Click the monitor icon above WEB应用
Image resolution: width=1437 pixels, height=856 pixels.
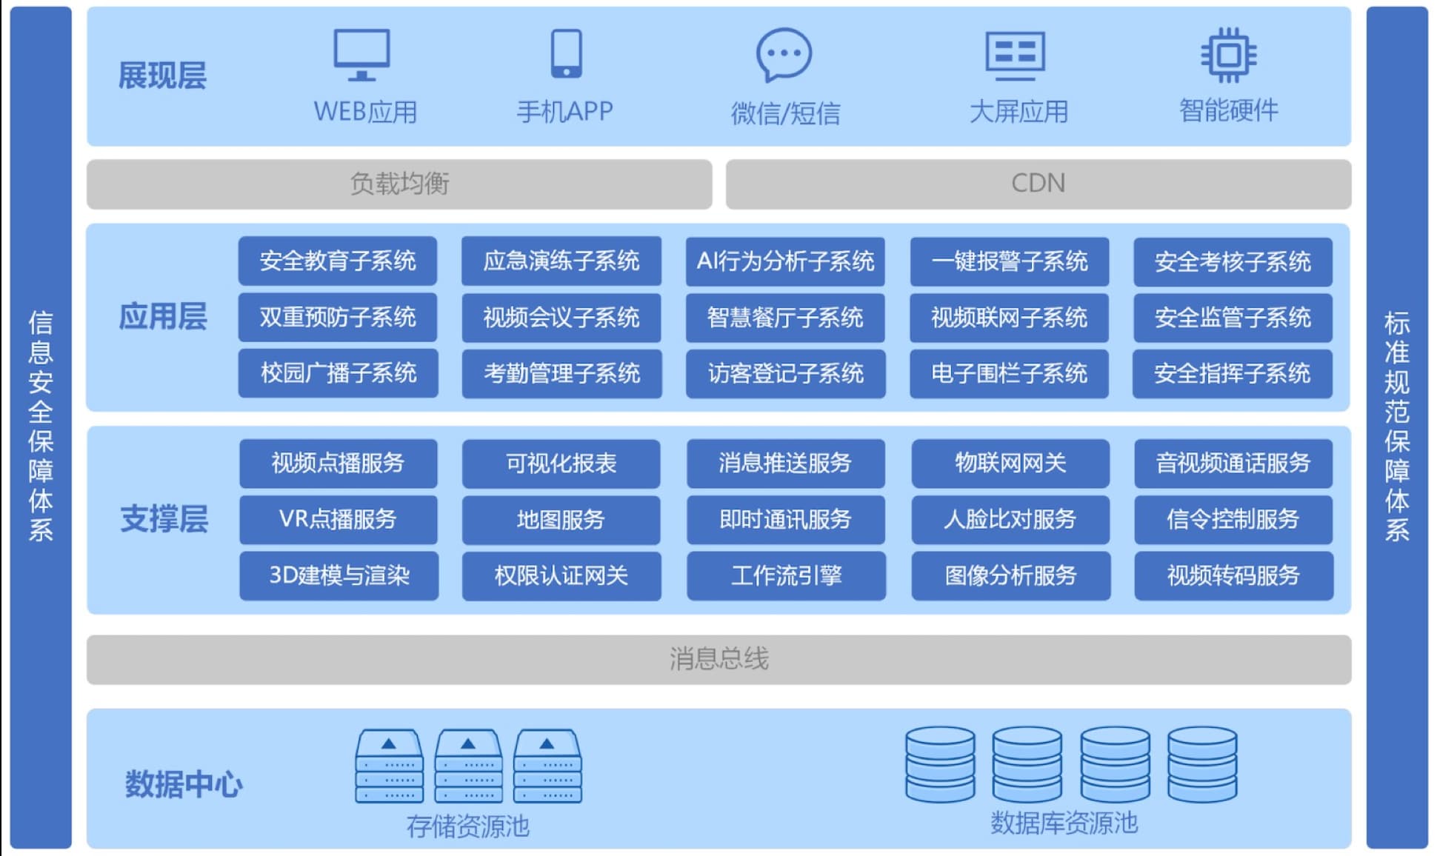(x=361, y=55)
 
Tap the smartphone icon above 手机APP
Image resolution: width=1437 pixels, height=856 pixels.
(x=567, y=53)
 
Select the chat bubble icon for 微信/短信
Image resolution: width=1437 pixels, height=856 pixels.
(x=784, y=55)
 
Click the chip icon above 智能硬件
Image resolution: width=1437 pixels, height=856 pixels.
(x=1228, y=55)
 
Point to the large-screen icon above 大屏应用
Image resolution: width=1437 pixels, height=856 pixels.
(x=1015, y=55)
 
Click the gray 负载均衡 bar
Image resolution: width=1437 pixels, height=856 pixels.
(x=399, y=184)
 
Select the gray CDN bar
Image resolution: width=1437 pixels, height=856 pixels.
(x=1038, y=184)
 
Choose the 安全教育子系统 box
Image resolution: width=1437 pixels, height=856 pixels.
(x=338, y=261)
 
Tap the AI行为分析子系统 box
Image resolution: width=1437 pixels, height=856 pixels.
(x=785, y=261)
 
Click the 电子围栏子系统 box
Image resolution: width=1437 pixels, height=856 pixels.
(x=1009, y=373)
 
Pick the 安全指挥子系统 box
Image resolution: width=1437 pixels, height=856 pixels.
(x=1233, y=373)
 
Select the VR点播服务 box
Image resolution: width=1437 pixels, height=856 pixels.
(x=338, y=519)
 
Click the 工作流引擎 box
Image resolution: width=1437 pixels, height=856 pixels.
(x=786, y=575)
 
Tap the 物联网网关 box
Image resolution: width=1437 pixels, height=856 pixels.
(x=1010, y=464)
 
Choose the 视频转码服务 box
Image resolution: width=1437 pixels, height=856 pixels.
(x=1233, y=575)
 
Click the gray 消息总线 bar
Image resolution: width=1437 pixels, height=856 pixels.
(x=718, y=659)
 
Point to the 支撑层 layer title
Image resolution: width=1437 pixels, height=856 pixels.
(x=164, y=519)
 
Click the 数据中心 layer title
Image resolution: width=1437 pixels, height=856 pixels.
(x=183, y=784)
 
